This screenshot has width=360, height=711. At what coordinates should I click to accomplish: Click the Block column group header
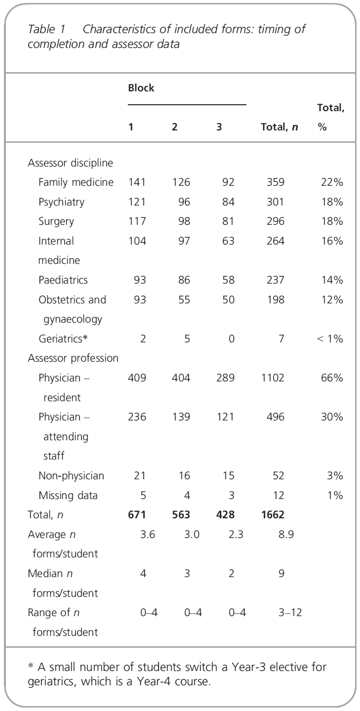point(141,88)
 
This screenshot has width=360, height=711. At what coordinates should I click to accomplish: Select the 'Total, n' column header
point(280,127)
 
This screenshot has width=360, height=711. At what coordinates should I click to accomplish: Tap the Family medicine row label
point(76,182)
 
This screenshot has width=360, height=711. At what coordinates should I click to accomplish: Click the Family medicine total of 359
point(276,182)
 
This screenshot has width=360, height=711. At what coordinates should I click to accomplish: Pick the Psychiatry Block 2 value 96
point(184,202)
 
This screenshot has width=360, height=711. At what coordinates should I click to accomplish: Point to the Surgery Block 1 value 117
point(137,221)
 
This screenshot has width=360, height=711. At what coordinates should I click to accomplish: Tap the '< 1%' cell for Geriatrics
point(329,338)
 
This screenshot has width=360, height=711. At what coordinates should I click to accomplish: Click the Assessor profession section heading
point(73,358)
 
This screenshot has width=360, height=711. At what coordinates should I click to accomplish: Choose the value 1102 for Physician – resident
point(273,378)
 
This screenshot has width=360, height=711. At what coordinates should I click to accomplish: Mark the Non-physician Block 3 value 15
point(228,476)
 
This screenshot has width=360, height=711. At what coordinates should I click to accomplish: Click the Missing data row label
point(68,496)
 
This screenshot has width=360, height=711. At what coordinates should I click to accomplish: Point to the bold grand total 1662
point(273,515)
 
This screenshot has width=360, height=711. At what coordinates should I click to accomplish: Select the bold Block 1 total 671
point(137,515)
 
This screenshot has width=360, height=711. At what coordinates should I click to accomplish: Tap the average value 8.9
point(286,535)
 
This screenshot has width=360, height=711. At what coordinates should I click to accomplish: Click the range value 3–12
point(290,613)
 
